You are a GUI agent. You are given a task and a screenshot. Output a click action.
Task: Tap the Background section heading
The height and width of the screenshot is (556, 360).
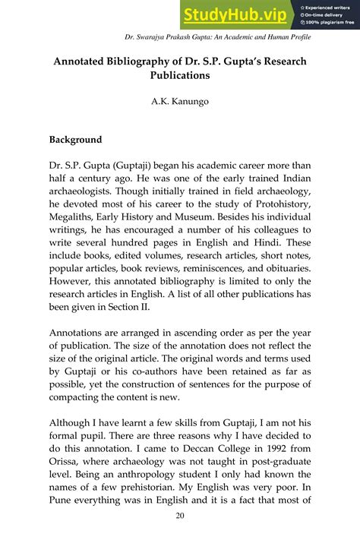tap(81, 140)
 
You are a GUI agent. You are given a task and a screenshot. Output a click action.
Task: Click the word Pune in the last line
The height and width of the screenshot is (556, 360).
tap(62, 504)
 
